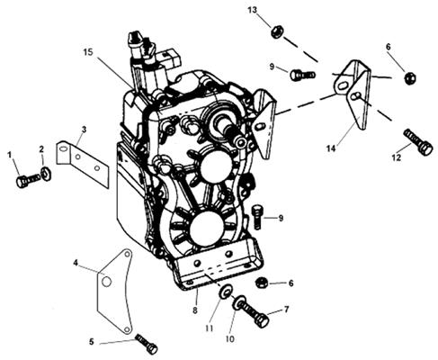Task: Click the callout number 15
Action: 88,52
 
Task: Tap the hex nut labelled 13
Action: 276,31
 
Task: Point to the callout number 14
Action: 331,148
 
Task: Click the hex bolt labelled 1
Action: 28,180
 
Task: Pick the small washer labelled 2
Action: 46,173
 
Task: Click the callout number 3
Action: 84,130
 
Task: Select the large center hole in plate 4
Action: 107,282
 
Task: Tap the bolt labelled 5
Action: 147,344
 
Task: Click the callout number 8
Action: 195,310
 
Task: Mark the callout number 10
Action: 230,339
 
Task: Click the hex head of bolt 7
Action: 262,319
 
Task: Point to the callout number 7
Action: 287,309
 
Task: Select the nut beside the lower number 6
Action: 261,283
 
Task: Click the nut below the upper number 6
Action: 410,78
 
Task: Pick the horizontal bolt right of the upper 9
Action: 302,74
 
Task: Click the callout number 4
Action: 76,264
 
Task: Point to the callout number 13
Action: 253,10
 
